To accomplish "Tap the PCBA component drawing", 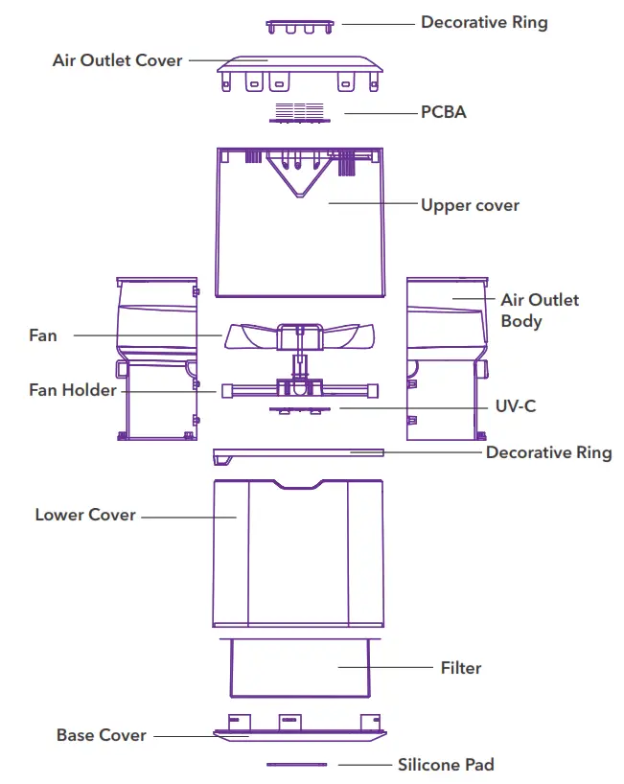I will (300, 112).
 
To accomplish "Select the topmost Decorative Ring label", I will (484, 22).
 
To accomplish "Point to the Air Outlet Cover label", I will (117, 60).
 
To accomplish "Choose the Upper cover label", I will (470, 205).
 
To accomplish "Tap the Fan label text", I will (43, 335).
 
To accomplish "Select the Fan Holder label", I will (72, 390).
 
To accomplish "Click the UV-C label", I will (516, 406).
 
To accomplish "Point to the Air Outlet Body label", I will (539, 311).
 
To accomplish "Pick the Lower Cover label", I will (85, 515).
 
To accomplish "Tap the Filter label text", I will (460, 667).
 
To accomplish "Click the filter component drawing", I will (299, 667).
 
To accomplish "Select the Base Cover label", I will (101, 735).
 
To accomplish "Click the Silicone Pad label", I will (446, 764).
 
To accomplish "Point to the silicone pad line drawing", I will (296, 765).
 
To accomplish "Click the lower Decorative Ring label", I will (548, 452).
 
